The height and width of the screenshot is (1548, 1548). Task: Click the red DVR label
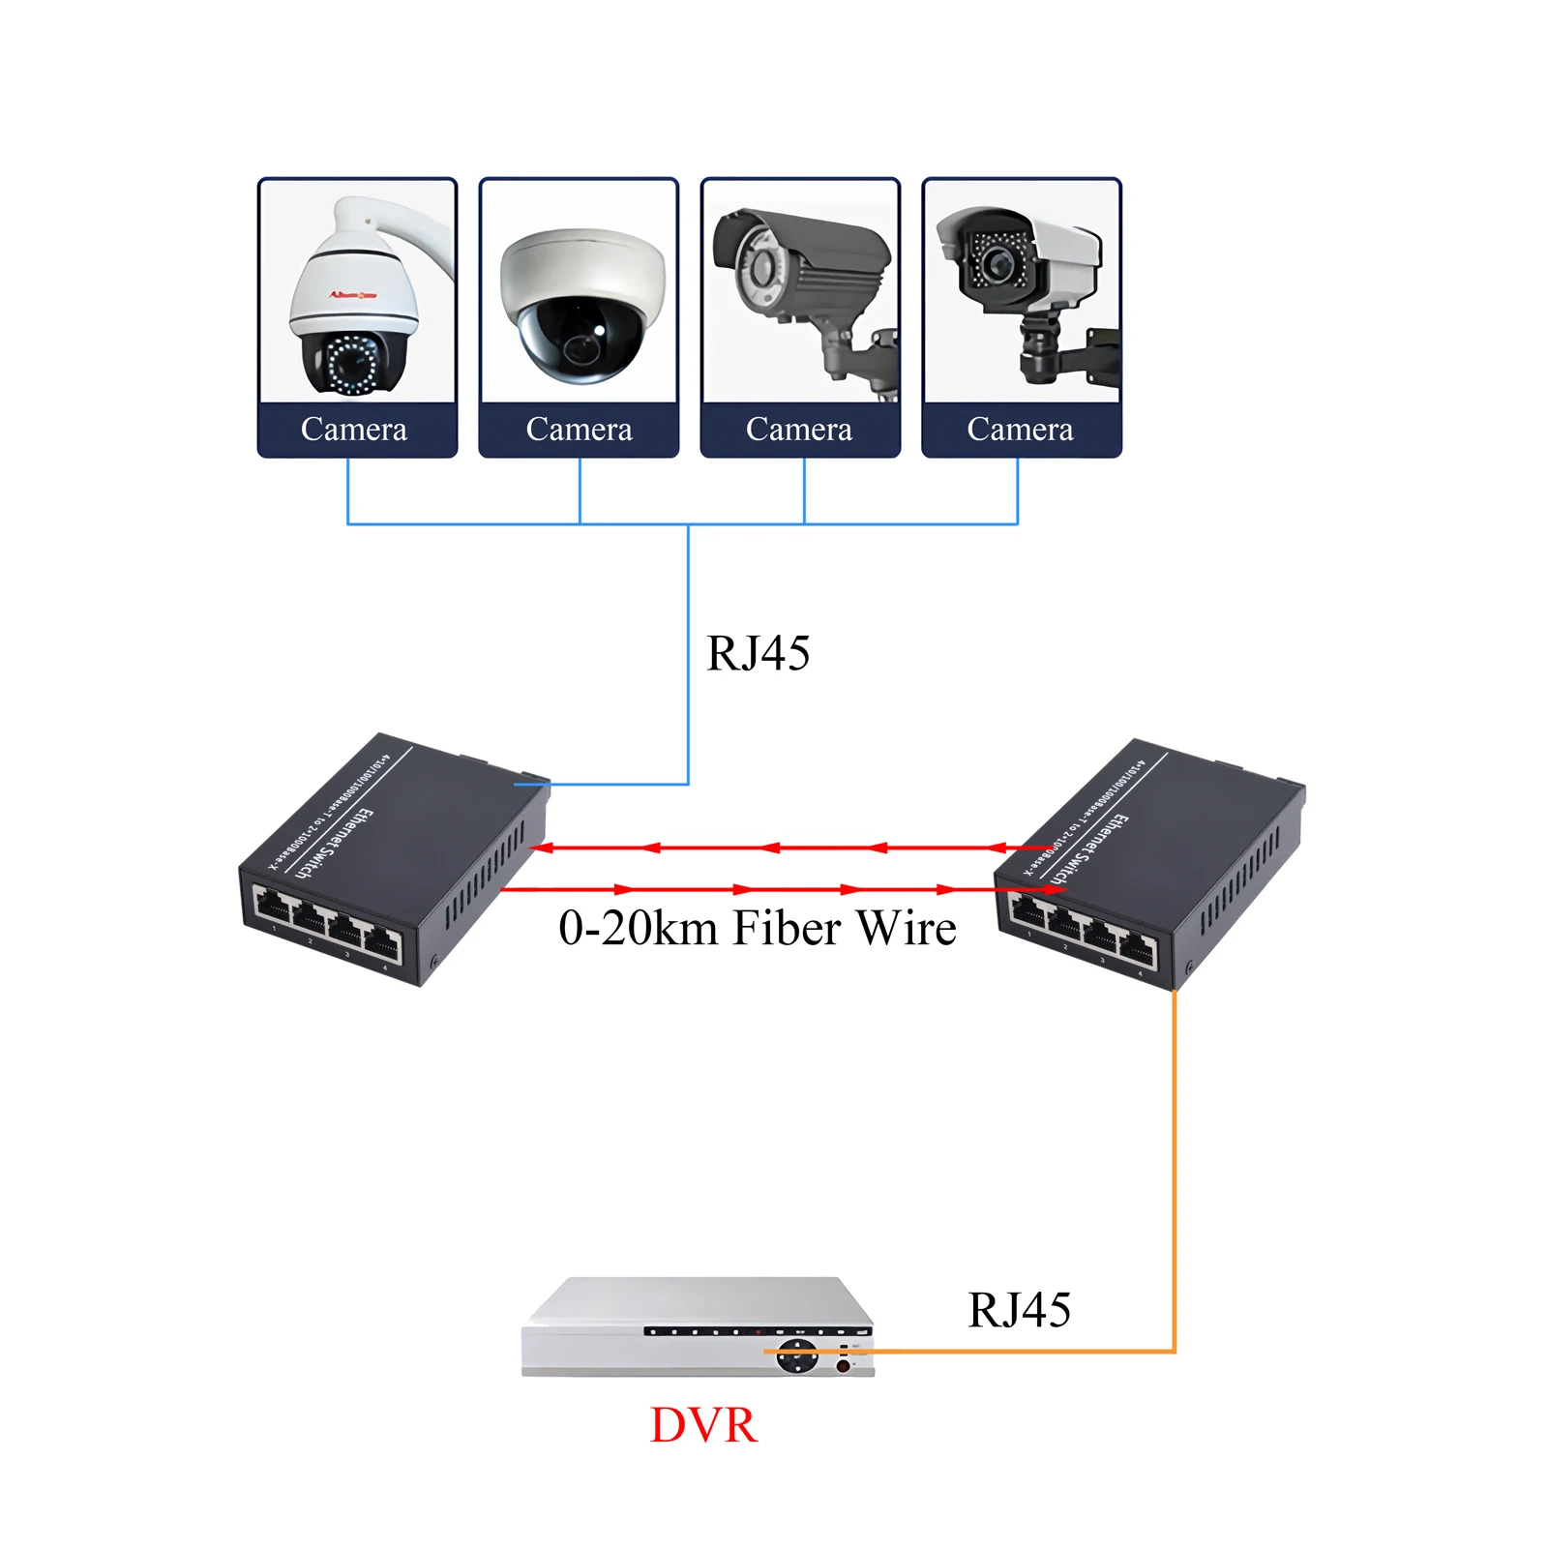click(703, 1425)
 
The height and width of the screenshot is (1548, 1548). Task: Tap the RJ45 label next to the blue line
click(758, 653)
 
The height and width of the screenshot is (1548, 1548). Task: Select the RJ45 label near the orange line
click(1019, 1310)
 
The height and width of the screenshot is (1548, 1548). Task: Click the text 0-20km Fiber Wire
click(757, 928)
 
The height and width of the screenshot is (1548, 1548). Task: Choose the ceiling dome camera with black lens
click(580, 305)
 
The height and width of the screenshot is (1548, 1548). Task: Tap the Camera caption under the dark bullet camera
click(799, 429)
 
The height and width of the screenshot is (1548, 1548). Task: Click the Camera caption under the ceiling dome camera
click(579, 429)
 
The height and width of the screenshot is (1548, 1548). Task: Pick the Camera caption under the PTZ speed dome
click(354, 429)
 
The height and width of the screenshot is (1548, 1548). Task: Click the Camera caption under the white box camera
click(1020, 429)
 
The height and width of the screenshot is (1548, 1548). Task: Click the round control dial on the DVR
click(797, 1355)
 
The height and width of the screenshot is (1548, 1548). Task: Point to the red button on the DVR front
click(843, 1366)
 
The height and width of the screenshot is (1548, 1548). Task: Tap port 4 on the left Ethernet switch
click(383, 944)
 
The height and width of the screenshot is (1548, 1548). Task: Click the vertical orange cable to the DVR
click(1175, 1161)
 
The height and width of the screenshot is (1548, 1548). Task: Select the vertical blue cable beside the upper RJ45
click(688, 658)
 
